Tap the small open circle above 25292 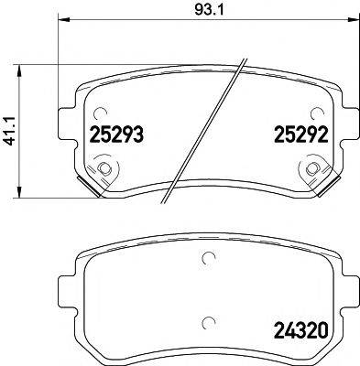click(316, 113)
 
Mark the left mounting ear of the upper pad click(66, 123)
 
